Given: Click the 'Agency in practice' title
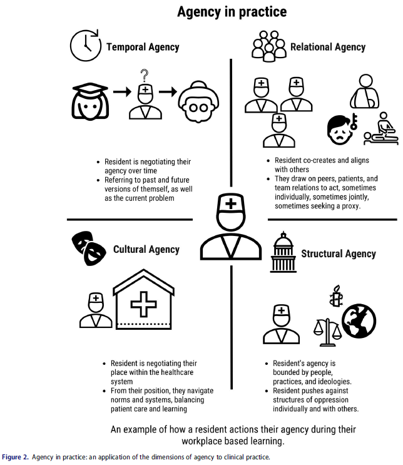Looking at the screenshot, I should click(x=232, y=11).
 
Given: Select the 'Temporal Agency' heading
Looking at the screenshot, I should click(x=143, y=47).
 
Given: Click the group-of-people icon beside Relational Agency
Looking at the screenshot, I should click(x=268, y=46).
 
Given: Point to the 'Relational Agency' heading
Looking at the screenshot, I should click(x=328, y=46).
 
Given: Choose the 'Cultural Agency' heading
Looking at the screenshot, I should click(x=146, y=250).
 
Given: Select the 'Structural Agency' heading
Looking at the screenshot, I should click(x=339, y=253).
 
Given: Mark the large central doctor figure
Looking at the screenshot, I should click(x=231, y=231).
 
